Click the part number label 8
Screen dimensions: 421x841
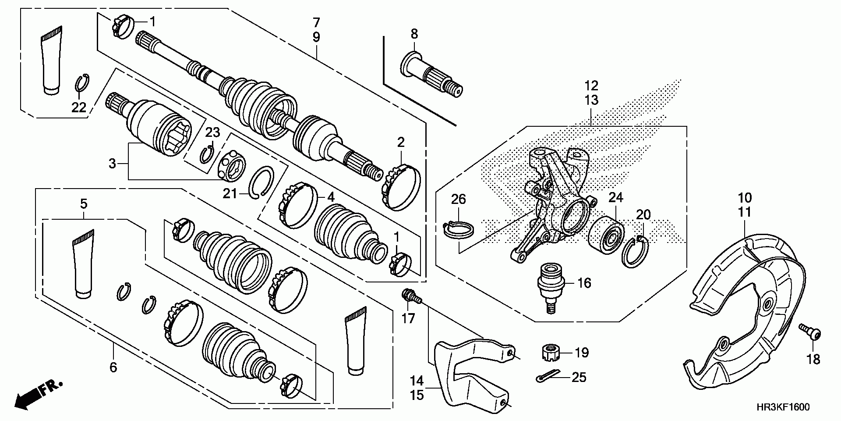click(414, 33)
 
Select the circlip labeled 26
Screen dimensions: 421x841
click(458, 230)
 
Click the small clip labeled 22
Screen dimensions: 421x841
click(81, 83)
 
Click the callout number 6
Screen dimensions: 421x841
click(113, 367)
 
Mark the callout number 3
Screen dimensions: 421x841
click(113, 164)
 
